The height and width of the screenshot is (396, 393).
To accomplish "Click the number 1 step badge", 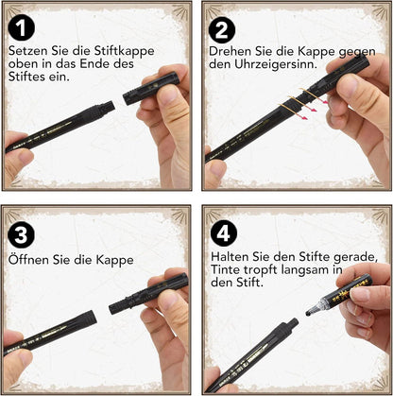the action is click(x=22, y=28).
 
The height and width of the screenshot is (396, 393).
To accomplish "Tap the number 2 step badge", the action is click(x=222, y=30).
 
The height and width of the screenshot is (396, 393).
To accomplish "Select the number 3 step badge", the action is click(x=21, y=234).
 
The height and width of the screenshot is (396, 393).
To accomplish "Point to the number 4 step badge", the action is click(x=224, y=233).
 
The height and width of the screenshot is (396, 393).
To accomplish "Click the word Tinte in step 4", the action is click(x=225, y=269).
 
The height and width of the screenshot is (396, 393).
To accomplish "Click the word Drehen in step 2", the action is click(x=231, y=51).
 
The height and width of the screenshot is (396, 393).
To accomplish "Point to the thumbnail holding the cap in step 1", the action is click(x=169, y=95).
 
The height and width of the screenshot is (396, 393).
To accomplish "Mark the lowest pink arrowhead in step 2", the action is click(x=304, y=118).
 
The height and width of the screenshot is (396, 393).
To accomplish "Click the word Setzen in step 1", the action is click(x=27, y=51).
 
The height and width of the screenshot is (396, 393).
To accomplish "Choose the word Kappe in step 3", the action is click(x=115, y=261).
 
